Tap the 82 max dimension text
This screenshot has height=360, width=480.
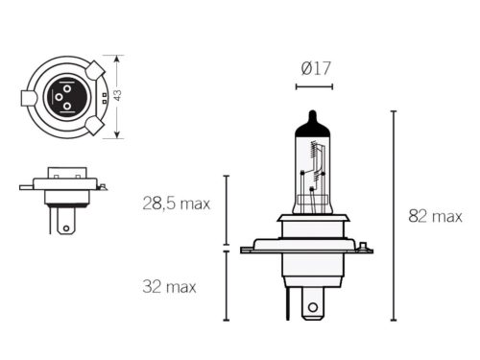tap(435, 217)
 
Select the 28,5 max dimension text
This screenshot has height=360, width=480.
tap(175, 204)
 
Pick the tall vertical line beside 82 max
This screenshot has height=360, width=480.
tap(394, 215)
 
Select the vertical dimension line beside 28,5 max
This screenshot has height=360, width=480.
tap(227, 211)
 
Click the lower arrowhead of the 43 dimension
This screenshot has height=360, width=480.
tap(118, 135)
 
